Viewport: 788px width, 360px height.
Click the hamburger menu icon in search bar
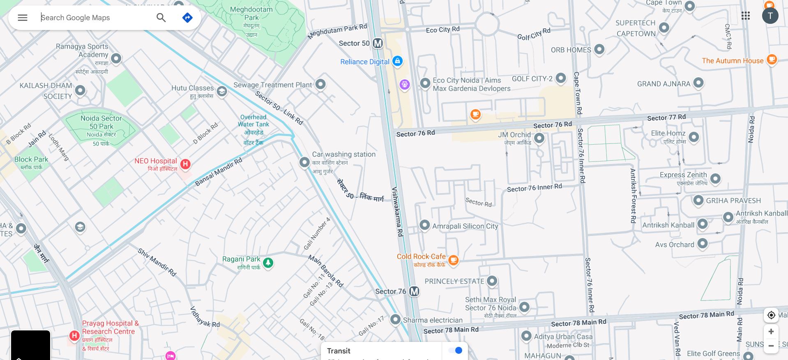(23, 18)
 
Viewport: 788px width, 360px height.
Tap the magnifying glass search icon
(161, 18)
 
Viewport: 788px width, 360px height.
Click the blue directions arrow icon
(187, 18)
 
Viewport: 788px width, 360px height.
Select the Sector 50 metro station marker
(378, 43)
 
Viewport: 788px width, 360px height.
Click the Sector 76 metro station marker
(414, 291)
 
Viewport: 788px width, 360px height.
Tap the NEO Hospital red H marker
(185, 164)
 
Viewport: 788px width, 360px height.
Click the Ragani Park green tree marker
(268, 262)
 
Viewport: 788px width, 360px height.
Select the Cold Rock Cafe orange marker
(453, 260)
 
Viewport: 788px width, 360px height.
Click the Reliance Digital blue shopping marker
(397, 61)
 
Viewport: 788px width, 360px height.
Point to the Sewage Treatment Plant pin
(320, 84)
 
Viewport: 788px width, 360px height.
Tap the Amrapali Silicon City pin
(424, 225)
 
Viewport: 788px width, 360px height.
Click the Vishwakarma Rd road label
(397, 212)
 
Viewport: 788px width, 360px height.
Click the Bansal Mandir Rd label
(219, 172)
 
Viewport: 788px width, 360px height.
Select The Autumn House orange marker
(772, 60)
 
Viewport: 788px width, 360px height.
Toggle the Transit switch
(455, 351)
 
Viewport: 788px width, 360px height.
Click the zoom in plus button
(771, 331)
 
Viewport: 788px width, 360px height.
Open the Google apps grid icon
(746, 16)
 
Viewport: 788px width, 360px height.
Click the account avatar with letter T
(770, 16)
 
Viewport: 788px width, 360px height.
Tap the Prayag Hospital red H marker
(74, 336)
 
